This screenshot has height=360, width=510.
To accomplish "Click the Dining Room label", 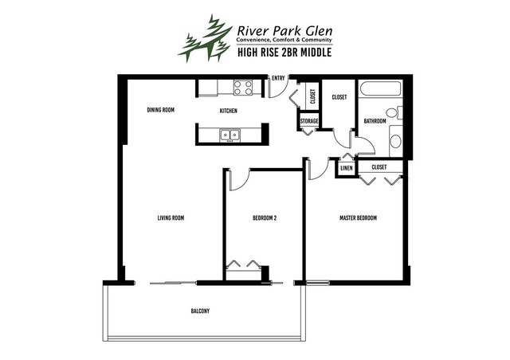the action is (x=161, y=110).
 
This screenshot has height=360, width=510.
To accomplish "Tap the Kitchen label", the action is (x=229, y=111).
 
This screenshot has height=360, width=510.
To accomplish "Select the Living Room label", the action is (x=171, y=218).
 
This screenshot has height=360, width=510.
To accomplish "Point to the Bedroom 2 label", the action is (x=265, y=218).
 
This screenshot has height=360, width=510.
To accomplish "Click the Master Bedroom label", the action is (x=358, y=218).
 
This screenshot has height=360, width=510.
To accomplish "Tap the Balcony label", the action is (x=200, y=311).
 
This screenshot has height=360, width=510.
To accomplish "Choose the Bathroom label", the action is (x=375, y=121).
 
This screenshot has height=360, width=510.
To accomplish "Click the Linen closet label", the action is (x=346, y=168).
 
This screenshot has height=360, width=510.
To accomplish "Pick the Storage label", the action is (x=309, y=121).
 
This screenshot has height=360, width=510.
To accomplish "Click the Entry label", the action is (x=278, y=78).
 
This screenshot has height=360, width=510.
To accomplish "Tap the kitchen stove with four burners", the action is (x=243, y=88).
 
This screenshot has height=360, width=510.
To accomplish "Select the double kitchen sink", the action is (x=230, y=135).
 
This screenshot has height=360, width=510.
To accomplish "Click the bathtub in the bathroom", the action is (x=381, y=88).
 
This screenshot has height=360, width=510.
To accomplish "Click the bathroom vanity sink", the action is (x=395, y=142).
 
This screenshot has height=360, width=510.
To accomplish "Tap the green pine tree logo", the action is (x=205, y=38).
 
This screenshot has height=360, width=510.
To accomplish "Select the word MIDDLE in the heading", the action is (x=316, y=52).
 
